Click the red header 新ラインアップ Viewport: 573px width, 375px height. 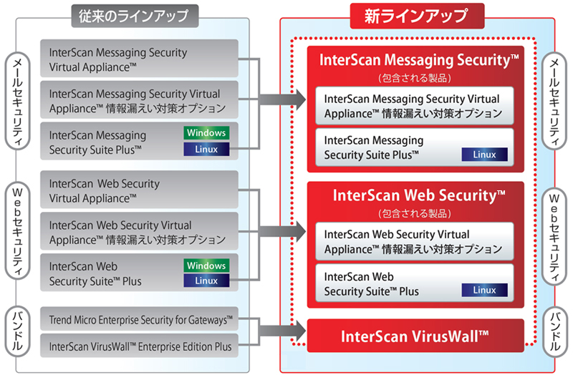pyautogui.click(x=417, y=14)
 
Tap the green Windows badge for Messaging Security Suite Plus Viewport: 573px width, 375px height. pyautogui.click(x=206, y=132)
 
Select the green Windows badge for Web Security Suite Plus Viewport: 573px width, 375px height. pyautogui.click(x=206, y=265)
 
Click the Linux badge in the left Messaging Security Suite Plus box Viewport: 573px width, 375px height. pyautogui.click(x=206, y=150)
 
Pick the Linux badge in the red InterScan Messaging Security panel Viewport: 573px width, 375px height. pyautogui.click(x=484, y=154)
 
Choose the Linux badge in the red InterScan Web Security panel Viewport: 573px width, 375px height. pyautogui.click(x=484, y=290)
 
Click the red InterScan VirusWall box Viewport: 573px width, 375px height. pyautogui.click(x=415, y=336)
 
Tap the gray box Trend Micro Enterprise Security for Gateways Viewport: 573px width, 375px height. pyautogui.click(x=140, y=318)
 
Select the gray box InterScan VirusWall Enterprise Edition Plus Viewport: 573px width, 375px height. pyautogui.click(x=140, y=346)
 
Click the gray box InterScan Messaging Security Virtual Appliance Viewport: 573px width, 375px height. pyautogui.click(x=140, y=59)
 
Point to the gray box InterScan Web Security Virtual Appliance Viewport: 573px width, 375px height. pyautogui.click(x=140, y=190)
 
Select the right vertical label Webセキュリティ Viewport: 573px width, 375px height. pyautogui.click(x=554, y=234)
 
